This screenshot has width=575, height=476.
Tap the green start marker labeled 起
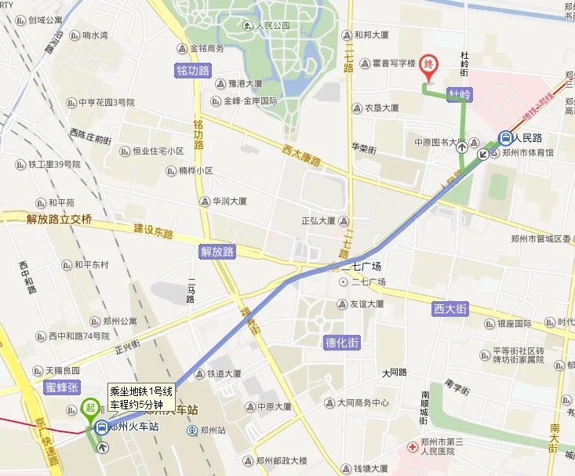coord(90,408)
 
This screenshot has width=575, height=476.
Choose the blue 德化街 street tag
coord(342,343)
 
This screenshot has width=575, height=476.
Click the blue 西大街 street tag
coord(450,309)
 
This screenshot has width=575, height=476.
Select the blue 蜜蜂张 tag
coord(63,387)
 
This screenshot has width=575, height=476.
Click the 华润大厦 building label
coord(228,201)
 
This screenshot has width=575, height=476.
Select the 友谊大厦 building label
coord(366,303)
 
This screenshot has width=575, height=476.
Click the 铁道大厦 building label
coord(224,374)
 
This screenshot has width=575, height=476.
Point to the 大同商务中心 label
coord(363,403)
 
